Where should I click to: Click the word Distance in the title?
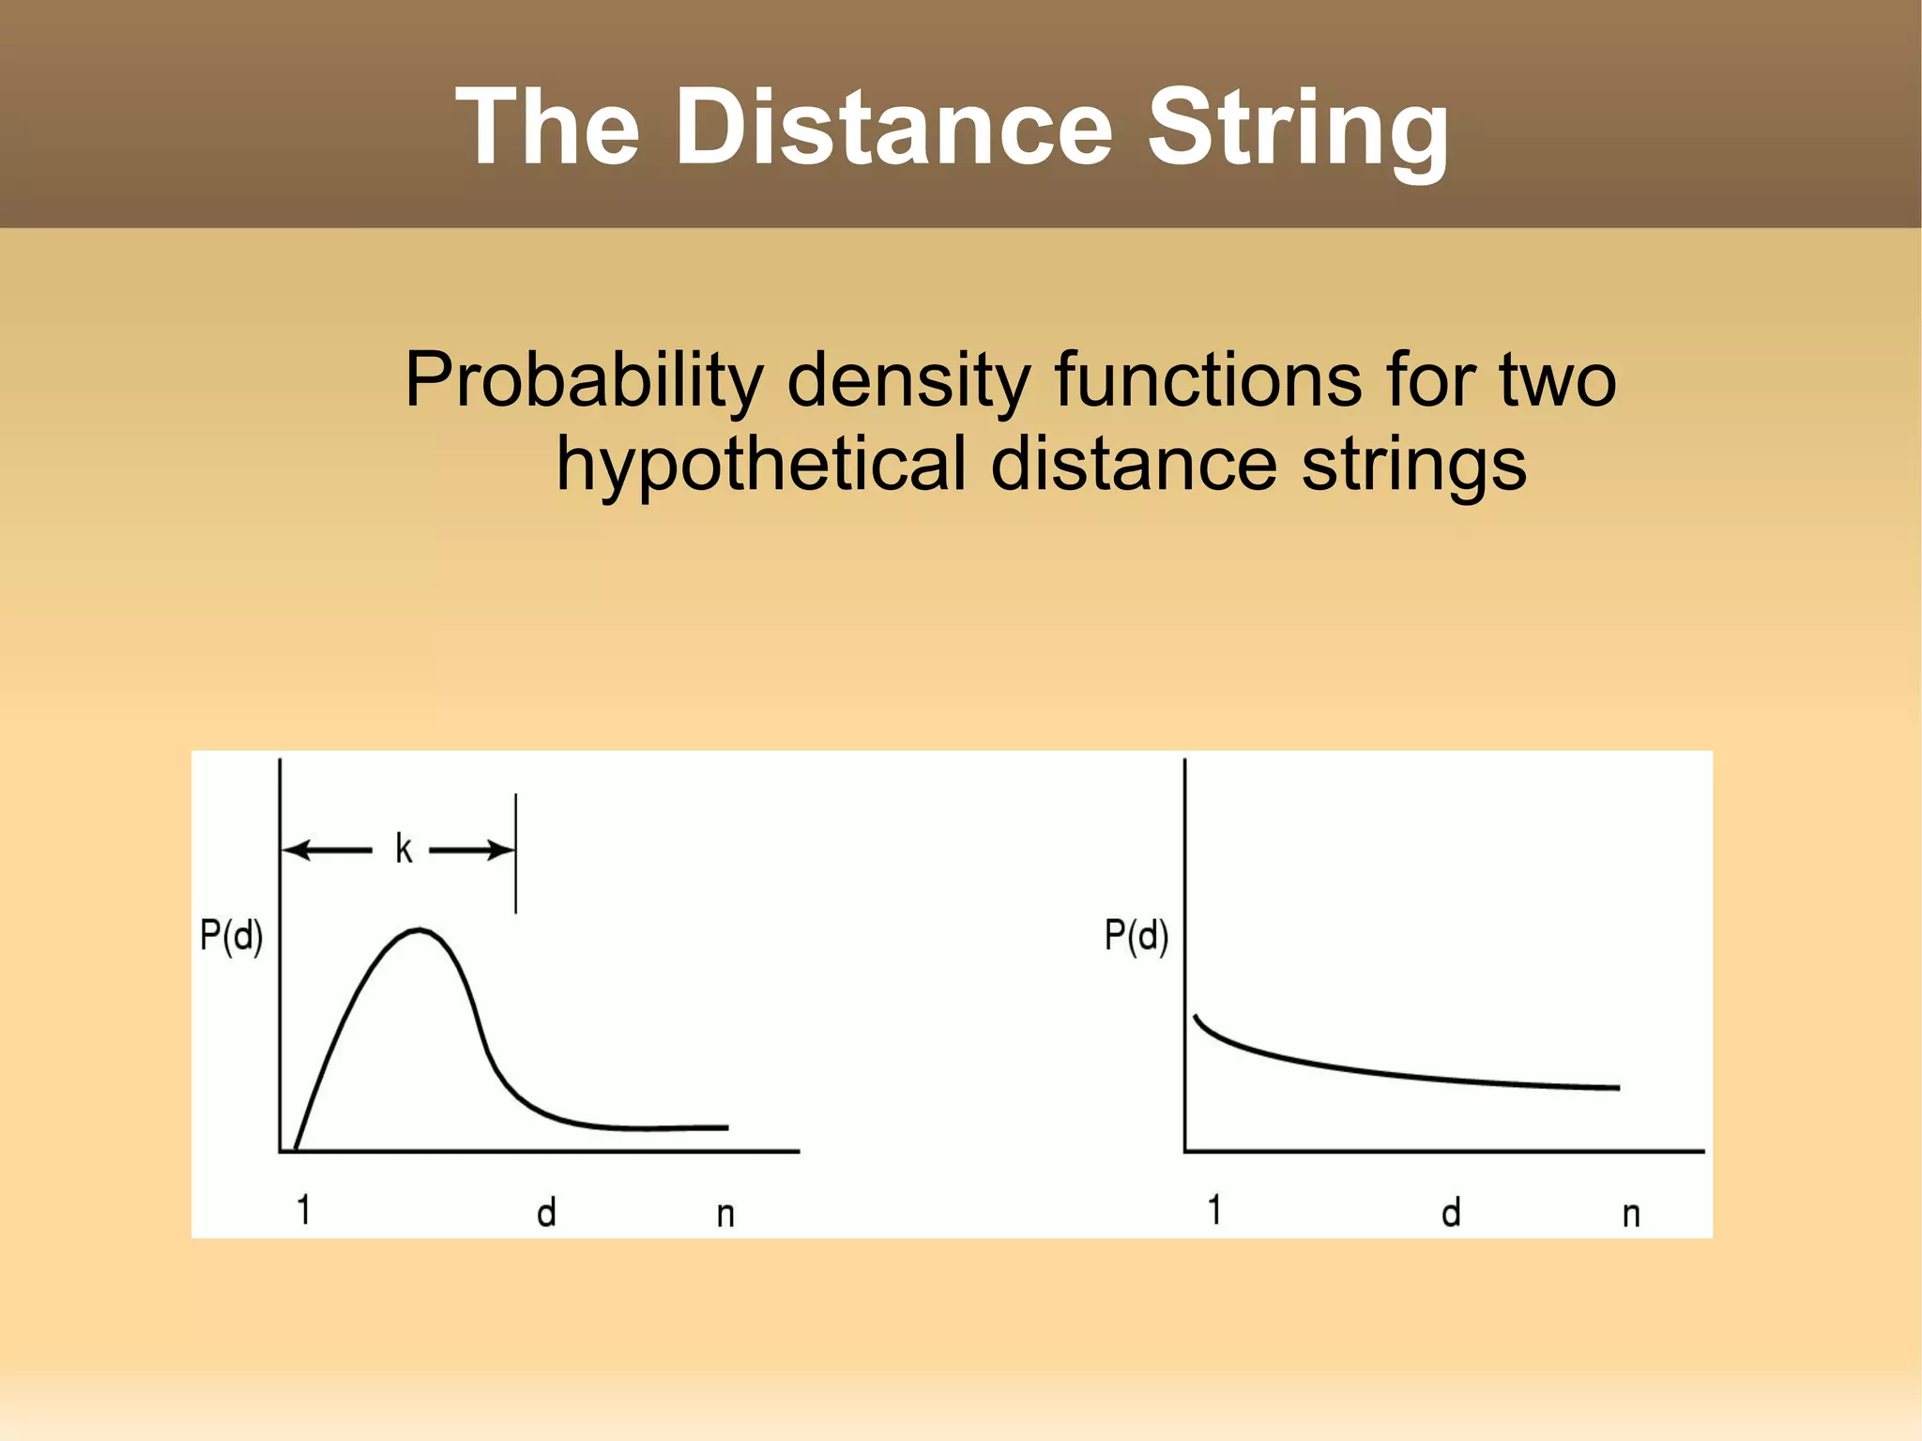(x=892, y=127)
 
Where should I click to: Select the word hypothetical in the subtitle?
(x=761, y=465)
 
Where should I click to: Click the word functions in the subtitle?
(x=1207, y=379)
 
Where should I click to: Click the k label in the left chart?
(x=403, y=849)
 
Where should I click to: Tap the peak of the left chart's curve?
(x=419, y=930)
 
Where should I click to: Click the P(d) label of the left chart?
(x=231, y=936)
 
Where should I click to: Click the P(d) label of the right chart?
(x=1136, y=936)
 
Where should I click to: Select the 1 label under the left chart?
(x=303, y=1211)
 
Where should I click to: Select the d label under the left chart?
(x=546, y=1213)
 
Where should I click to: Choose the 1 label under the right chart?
(x=1214, y=1211)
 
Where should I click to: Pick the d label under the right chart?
(x=1451, y=1213)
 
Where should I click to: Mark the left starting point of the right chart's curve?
(x=1196, y=1017)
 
